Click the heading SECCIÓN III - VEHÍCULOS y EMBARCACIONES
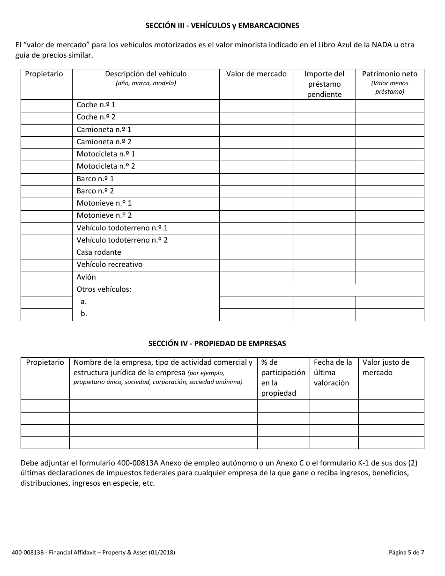(x=222, y=26)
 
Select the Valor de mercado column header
(x=256, y=74)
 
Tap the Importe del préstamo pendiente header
(x=324, y=84)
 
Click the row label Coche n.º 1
(x=96, y=105)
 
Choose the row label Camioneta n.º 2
(x=104, y=141)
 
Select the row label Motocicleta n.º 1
(x=106, y=154)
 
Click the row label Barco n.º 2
(x=95, y=191)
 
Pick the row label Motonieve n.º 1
(x=104, y=203)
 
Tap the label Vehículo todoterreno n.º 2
(x=122, y=240)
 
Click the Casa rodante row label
(x=99, y=252)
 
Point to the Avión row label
(x=86, y=277)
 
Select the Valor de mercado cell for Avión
(x=256, y=277)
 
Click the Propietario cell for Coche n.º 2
(x=46, y=117)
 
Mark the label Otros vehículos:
(x=104, y=289)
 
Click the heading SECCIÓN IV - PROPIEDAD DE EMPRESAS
(x=217, y=343)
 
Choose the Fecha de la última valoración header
(x=333, y=372)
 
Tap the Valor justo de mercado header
(x=386, y=367)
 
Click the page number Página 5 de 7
(x=406, y=553)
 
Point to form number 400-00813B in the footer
(x=28, y=553)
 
